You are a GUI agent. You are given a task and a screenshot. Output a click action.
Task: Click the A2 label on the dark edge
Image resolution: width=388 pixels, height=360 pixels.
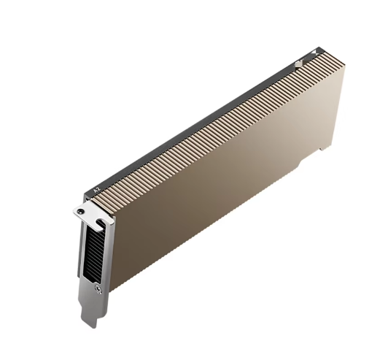[97, 190]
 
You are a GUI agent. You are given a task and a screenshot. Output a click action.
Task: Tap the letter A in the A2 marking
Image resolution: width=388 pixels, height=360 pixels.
[96, 191]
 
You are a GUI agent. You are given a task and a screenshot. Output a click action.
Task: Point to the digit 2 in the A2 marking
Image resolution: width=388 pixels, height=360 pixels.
[98, 188]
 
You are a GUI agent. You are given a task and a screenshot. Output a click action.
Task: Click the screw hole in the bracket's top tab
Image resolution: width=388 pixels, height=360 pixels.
[79, 211]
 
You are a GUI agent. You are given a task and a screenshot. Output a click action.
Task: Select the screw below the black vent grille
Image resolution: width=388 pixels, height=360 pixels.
[98, 288]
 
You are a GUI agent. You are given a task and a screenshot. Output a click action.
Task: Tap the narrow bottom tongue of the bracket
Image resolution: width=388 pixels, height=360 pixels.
[88, 314]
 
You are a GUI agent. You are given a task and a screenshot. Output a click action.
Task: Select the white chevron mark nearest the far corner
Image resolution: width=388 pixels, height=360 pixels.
[315, 52]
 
